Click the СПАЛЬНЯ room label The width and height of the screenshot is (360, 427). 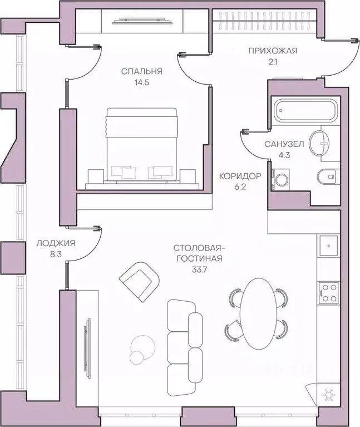point(141,71)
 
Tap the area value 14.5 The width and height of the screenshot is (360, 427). point(142,82)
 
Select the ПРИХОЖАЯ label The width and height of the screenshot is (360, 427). point(273,51)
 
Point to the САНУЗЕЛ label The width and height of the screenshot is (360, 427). point(284,144)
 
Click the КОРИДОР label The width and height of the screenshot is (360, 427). point(240,176)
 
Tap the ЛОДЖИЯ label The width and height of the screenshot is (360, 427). point(56,243)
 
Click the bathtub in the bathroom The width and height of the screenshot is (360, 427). point(305,111)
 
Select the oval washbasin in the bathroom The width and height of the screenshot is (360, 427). point(319,143)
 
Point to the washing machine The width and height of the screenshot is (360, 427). point(280,179)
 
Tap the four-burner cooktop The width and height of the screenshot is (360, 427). point(329,293)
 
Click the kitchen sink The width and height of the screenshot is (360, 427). point(329,246)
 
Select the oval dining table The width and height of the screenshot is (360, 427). point(259,313)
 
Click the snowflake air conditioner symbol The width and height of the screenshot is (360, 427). point(328,394)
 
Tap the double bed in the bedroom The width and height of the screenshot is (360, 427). point(142,144)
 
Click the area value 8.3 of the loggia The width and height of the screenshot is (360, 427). point(56,254)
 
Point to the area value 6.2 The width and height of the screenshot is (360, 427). point(240,187)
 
